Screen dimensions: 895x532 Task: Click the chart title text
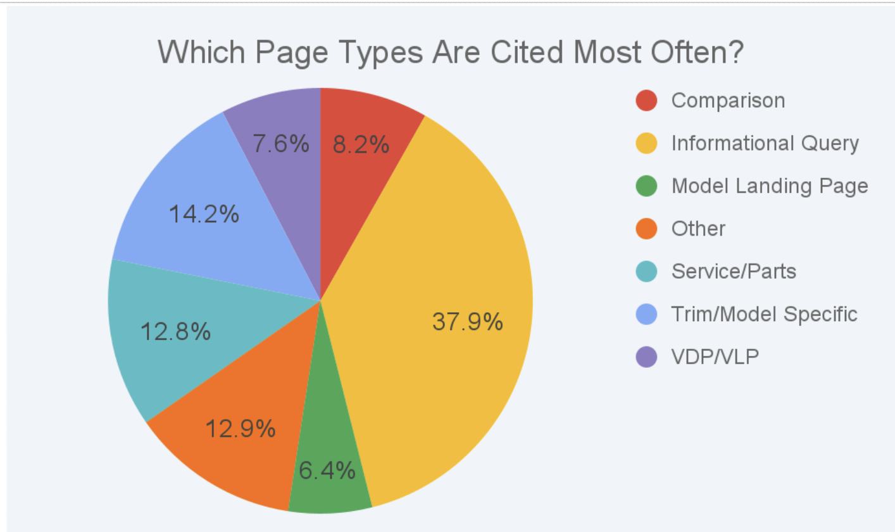pos(451,53)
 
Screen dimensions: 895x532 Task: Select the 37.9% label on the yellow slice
pos(468,321)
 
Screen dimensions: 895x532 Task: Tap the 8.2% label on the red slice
pos(361,144)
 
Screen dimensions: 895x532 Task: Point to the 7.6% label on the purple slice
pos(281,143)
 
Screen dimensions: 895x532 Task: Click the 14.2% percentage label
pos(204,213)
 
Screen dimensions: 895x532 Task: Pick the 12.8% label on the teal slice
pos(175,331)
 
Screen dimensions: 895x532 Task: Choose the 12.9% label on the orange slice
pos(240,429)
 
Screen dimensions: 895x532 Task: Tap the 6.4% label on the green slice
pos(327,470)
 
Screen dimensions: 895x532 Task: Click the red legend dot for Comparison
pos(646,100)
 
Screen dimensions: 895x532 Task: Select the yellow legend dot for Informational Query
pos(646,143)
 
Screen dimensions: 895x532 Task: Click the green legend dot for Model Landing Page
pos(646,186)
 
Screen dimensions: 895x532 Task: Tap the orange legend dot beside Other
pos(646,229)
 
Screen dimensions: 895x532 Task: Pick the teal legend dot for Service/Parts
pos(646,272)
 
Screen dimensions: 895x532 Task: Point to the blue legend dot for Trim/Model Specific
pos(646,314)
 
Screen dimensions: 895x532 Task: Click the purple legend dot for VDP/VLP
pos(646,357)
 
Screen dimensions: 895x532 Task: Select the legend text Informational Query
pos(765,144)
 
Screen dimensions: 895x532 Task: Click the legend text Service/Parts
pos(734,272)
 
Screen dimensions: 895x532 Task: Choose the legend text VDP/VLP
pos(715,357)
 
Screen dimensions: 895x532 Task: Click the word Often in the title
pos(698,53)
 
